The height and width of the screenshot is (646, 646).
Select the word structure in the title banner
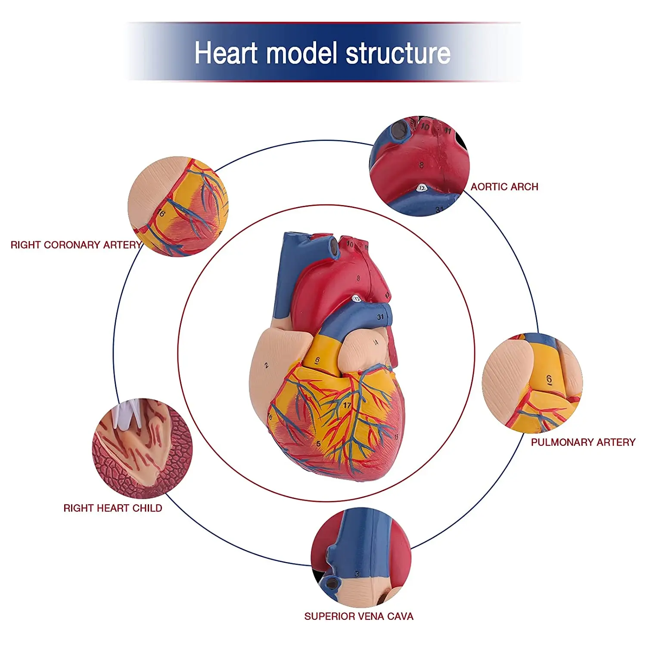[x=398, y=53]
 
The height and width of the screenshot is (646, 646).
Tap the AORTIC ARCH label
[x=504, y=187]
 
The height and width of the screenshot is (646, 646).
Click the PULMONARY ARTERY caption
[x=583, y=442]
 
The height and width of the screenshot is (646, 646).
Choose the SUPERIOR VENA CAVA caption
[x=359, y=616]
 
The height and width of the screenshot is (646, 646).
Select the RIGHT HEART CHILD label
[x=113, y=508]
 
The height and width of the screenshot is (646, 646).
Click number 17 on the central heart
[x=347, y=405]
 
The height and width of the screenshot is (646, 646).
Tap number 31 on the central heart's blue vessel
[x=380, y=317]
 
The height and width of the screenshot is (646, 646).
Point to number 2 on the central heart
[x=266, y=366]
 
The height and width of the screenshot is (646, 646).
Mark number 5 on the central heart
[x=318, y=444]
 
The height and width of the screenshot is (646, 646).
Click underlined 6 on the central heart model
[x=318, y=360]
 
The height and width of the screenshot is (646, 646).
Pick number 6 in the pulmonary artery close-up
[x=549, y=379]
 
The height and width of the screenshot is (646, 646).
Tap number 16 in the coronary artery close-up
[x=161, y=213]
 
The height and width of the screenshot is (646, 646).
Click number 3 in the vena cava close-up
[x=357, y=574]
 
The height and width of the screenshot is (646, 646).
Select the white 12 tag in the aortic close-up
[x=422, y=188]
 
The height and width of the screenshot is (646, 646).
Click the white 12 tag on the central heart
[x=357, y=298]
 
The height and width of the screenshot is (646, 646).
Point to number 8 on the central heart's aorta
[x=358, y=278]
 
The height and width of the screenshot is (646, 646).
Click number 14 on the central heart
[x=375, y=342]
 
